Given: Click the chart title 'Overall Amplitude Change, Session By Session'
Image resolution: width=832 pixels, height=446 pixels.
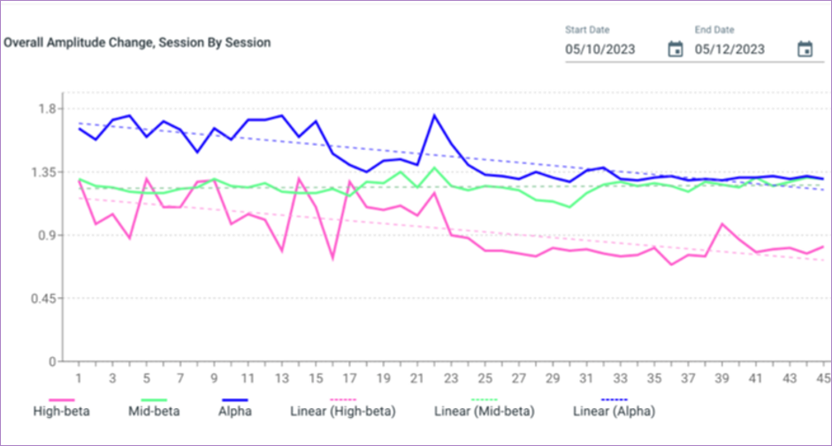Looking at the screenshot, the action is click(x=137, y=42).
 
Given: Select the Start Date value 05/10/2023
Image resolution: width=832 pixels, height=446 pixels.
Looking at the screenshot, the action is click(x=600, y=49).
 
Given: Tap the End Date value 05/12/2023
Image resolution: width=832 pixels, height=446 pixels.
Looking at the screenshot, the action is click(x=729, y=49).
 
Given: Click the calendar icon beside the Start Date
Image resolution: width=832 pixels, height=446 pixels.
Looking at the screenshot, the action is click(x=675, y=49).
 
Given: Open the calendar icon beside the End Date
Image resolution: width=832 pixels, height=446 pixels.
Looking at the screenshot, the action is click(x=805, y=49).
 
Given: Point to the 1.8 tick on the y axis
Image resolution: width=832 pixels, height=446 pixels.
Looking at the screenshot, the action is click(x=47, y=109).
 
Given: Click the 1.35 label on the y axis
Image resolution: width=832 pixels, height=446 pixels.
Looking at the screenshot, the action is click(x=43, y=172).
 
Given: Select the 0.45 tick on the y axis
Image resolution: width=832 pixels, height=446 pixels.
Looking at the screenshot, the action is click(x=43, y=299).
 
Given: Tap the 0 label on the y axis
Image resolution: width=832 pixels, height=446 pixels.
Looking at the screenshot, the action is click(x=52, y=362).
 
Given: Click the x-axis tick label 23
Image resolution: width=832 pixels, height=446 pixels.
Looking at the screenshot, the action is click(x=451, y=378).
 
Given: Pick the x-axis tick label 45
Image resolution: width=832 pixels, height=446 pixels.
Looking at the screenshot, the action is click(x=823, y=378).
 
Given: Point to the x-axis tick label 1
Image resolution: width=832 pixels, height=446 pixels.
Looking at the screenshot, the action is click(x=79, y=378).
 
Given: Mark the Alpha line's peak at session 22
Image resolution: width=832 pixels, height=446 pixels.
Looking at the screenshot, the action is click(x=434, y=116).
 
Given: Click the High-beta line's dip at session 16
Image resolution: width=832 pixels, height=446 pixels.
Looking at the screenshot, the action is click(x=332, y=258).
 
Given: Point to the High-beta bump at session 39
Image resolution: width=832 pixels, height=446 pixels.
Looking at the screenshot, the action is click(x=721, y=224).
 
